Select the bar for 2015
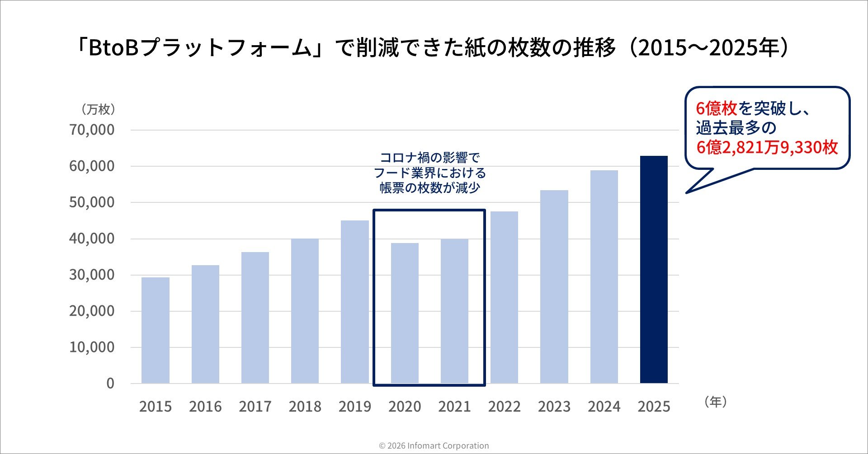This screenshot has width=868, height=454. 156,330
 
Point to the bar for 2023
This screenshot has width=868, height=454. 554,287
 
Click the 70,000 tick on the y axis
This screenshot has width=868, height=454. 92,130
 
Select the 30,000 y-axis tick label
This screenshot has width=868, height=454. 92,275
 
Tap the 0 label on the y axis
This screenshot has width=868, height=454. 110,384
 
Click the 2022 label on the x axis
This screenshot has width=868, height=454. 504,407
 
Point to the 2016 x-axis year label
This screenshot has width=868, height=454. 205,407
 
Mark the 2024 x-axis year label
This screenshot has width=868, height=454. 604,407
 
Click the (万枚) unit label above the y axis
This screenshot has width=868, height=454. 98,109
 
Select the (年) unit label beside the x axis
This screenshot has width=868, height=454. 715,402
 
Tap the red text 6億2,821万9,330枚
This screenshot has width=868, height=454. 767,148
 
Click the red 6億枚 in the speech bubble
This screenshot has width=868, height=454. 717,108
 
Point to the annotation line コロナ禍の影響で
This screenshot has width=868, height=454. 429,158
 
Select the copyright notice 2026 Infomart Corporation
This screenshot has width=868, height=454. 434,446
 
